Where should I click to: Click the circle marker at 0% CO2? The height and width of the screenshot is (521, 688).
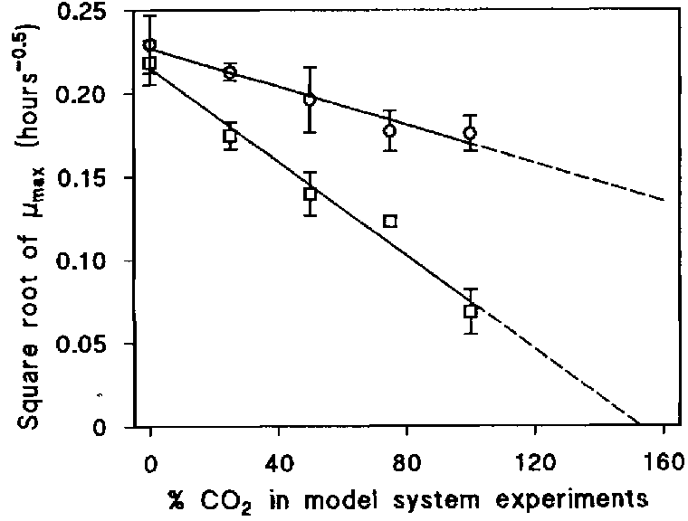pyautogui.click(x=150, y=45)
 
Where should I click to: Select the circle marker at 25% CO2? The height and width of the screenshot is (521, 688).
pyautogui.click(x=230, y=72)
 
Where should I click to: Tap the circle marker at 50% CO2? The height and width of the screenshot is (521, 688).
pyautogui.click(x=311, y=99)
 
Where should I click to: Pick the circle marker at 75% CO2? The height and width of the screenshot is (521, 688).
pyautogui.click(x=389, y=130)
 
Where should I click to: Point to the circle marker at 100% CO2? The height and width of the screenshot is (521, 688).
pyautogui.click(x=470, y=133)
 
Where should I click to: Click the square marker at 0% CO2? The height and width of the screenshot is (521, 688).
pyautogui.click(x=150, y=63)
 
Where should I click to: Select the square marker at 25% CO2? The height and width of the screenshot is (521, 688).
pyautogui.click(x=230, y=136)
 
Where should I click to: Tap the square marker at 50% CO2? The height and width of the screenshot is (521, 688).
pyautogui.click(x=311, y=194)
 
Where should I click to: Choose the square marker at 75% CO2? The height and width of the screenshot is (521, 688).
pyautogui.click(x=390, y=221)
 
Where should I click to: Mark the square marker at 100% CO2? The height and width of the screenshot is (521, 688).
pyautogui.click(x=470, y=311)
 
